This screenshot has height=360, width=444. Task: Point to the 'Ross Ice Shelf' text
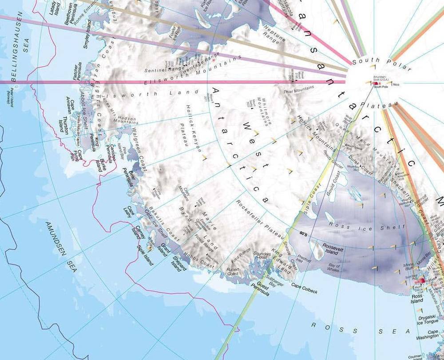point(366,227)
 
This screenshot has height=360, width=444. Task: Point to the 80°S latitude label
point(304,233)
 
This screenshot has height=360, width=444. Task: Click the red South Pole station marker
point(374,83)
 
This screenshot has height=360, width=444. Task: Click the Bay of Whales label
point(333,268)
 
